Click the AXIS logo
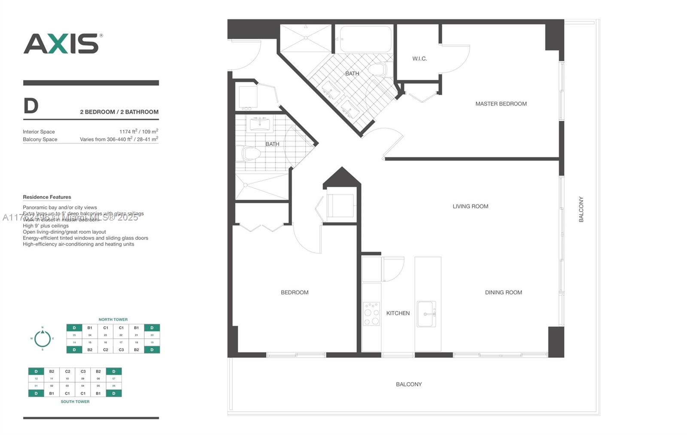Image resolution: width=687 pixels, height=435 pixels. pyautogui.click(x=62, y=43)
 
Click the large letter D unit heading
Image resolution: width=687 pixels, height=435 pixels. pyautogui.click(x=31, y=106)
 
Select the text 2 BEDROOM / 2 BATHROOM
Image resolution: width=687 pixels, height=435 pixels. pyautogui.click(x=119, y=112)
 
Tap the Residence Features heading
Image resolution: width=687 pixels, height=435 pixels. pyautogui.click(x=47, y=197)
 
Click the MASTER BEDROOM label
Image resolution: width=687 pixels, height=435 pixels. pyautogui.click(x=501, y=104)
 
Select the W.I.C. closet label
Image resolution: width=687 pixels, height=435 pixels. pyautogui.click(x=419, y=58)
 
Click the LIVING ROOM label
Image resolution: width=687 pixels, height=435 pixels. pyautogui.click(x=470, y=206)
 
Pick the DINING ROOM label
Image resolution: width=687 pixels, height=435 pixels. pyautogui.click(x=503, y=292)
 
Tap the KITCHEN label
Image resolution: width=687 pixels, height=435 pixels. pyautogui.click(x=398, y=313)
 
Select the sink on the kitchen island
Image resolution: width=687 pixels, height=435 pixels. pyautogui.click(x=426, y=314)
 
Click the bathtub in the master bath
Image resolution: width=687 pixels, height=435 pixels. pyautogui.click(x=366, y=39)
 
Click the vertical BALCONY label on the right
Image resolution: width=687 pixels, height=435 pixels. pyautogui.click(x=581, y=209)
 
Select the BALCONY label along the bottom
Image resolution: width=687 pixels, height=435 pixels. pyautogui.click(x=409, y=384)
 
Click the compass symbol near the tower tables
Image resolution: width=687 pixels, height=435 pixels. pyautogui.click(x=43, y=338)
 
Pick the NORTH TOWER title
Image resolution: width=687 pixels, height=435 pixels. pyautogui.click(x=113, y=319)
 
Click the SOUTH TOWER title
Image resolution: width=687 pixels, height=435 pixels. pyautogui.click(x=75, y=401)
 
